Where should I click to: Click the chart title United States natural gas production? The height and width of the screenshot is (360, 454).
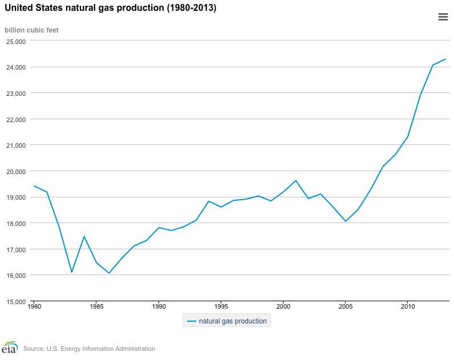[110, 9]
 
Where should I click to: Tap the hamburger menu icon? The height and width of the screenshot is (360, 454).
[443, 17]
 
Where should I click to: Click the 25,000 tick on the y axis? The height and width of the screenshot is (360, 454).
[16, 41]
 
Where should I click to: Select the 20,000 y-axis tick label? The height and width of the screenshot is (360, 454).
[16, 171]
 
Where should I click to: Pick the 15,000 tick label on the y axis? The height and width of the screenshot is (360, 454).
[16, 301]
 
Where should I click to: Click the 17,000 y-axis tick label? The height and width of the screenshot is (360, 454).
[16, 249]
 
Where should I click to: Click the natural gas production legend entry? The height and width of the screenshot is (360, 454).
[226, 321]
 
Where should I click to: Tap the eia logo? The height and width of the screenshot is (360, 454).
[10, 347]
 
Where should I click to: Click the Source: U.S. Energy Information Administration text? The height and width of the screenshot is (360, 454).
[89, 349]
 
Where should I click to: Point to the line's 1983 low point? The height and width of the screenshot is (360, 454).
[71, 272]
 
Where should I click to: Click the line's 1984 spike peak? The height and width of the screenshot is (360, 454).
[84, 236]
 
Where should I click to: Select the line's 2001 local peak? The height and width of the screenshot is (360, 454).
[295, 180]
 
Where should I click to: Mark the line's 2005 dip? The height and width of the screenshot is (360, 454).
[345, 221]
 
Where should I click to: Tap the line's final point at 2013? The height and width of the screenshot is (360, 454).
[445, 59]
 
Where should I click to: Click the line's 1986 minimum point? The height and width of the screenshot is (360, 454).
[109, 273]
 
